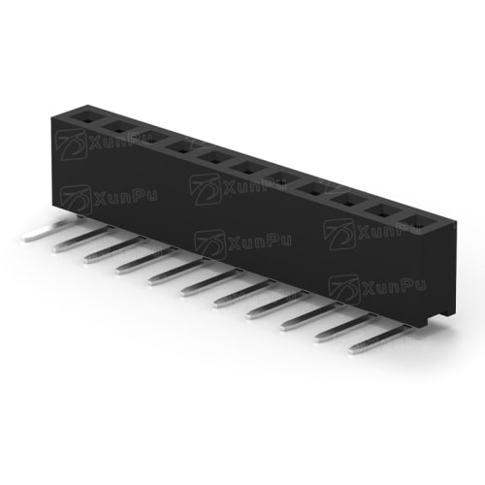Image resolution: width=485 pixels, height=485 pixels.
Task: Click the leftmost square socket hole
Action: pos(86,117)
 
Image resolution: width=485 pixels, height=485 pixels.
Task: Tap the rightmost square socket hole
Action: pos(416,223)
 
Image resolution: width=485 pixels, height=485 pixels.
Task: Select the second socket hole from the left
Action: pos(118,128)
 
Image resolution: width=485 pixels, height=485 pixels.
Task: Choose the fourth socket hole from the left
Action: pos(182,148)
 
